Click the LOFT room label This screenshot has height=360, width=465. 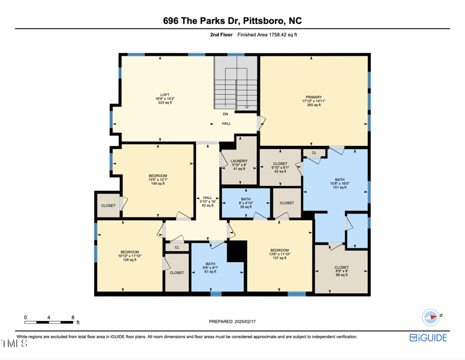[x=164, y=99]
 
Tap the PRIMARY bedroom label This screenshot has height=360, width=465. [x=313, y=101]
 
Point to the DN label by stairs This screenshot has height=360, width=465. [x=226, y=114]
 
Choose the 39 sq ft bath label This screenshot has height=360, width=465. [x=246, y=203]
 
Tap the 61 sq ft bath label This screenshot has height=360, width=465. [x=209, y=268]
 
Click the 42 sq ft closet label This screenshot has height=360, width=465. [x=280, y=167]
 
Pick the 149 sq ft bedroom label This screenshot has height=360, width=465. [x=158, y=179]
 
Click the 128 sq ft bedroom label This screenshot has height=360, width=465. [x=129, y=256]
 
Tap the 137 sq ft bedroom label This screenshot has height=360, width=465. [x=279, y=254]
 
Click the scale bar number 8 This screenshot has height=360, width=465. [x=73, y=317]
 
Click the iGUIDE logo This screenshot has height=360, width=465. [x=428, y=338]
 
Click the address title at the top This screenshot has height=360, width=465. [x=233, y=21]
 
